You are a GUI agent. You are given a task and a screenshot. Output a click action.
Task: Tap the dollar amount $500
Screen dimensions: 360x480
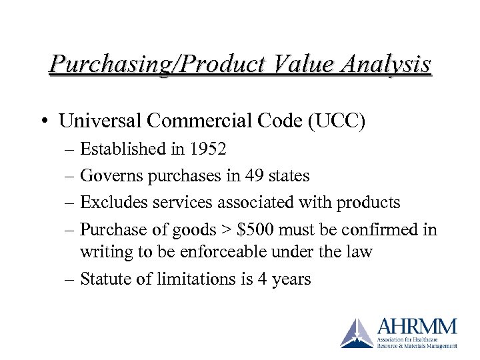256,230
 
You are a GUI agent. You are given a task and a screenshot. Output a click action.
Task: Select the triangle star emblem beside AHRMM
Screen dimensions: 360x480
357,333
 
